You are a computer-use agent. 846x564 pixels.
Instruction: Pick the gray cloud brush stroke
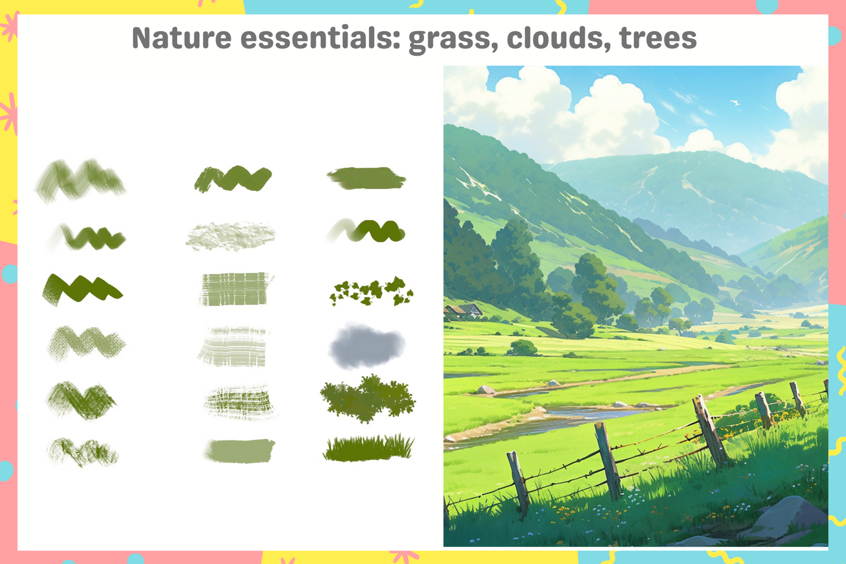click(x=367, y=346)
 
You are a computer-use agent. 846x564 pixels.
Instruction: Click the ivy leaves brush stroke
click(x=372, y=291)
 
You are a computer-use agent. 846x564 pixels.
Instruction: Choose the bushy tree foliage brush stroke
click(x=368, y=398)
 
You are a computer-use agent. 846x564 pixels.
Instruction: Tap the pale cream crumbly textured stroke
click(x=231, y=236)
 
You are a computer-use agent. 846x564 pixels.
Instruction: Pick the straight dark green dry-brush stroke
click(x=366, y=178)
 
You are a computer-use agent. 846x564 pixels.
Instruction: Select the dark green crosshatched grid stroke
click(x=240, y=402)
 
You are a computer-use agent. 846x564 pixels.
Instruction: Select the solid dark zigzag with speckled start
click(x=82, y=289)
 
